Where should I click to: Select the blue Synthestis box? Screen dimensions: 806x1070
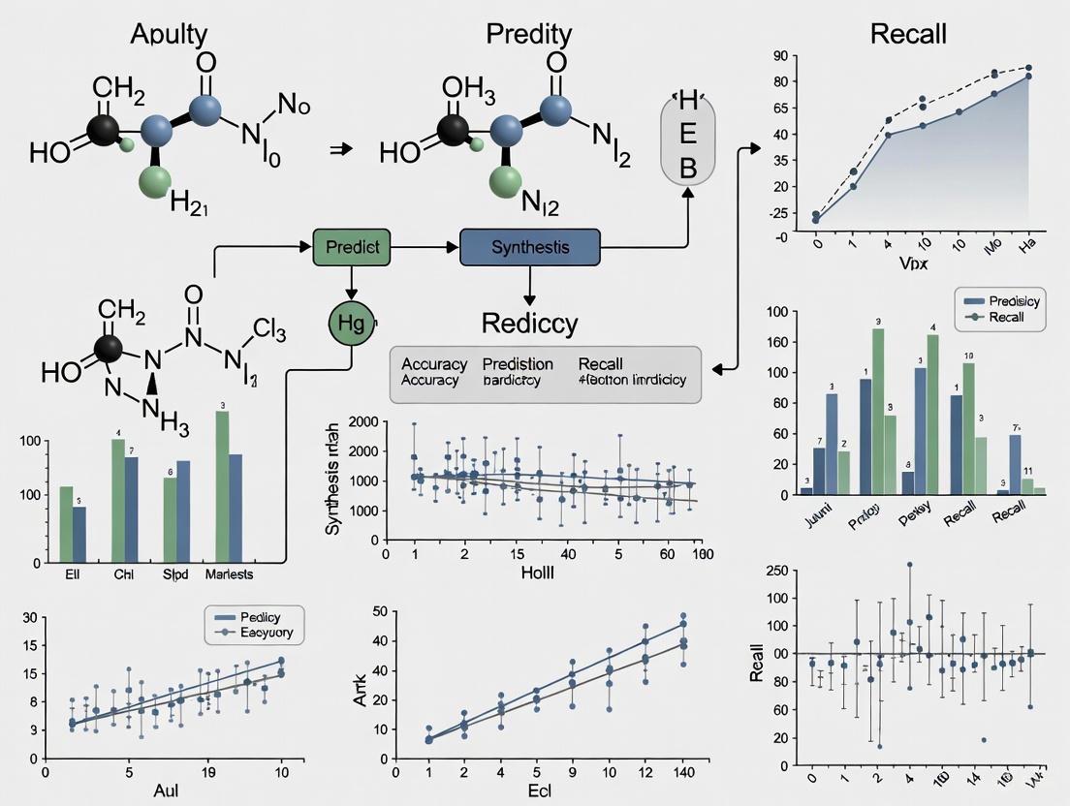click(x=530, y=247)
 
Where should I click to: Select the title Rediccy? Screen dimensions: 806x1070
click(x=530, y=323)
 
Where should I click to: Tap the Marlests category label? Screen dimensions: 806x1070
click(x=229, y=573)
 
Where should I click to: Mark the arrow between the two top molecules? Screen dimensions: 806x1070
click(x=339, y=148)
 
